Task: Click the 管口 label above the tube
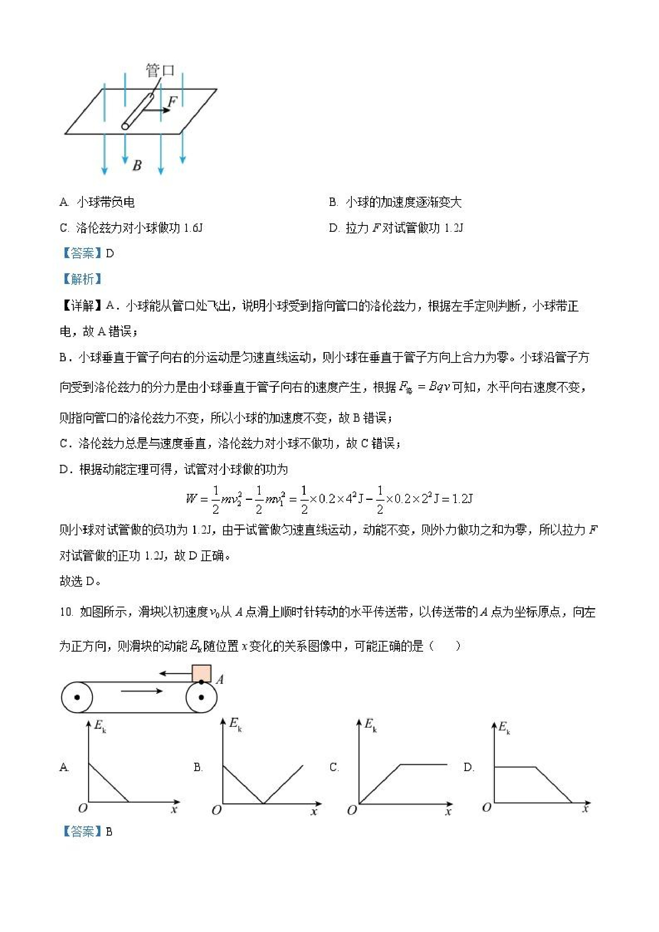[160, 70]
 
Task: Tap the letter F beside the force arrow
[172, 102]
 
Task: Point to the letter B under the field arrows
[137, 165]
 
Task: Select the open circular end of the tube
[126, 126]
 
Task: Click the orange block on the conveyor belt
[201, 674]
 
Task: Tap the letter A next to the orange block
[220, 679]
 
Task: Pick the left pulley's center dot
[77, 697]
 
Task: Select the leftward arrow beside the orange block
[175, 674]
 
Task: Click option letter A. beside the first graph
[64, 767]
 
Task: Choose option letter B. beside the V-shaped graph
[198, 767]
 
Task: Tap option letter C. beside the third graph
[334, 767]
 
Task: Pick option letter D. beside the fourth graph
[469, 767]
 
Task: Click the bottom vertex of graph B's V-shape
[263, 803]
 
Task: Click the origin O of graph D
[486, 807]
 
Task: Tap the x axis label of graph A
[174, 810]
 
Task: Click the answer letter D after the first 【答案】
[110, 254]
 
